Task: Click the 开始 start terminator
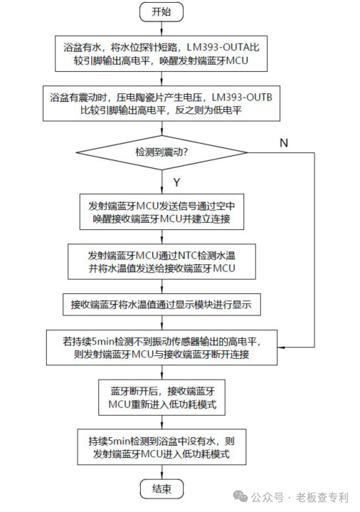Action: tap(162, 12)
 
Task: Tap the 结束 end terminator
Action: tap(162, 489)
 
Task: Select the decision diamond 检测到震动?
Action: tap(162, 152)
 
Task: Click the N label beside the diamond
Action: tap(284, 142)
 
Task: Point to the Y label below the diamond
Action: tap(176, 182)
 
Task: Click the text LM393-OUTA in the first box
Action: tap(218, 47)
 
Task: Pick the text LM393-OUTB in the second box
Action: tap(242, 97)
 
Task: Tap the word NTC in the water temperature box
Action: tap(187, 255)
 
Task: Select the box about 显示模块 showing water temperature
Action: tap(162, 305)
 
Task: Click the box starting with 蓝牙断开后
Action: tap(162, 397)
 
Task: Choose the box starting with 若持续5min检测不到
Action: tap(162, 348)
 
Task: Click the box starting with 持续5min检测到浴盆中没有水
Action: tap(162, 447)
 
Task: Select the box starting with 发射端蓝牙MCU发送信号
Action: tap(162, 212)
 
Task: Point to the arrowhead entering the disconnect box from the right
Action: tap(280, 347)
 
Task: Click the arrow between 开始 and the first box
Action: tap(162, 29)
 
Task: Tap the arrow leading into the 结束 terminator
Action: tap(162, 472)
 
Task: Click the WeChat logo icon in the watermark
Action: tap(240, 497)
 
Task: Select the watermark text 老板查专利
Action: tap(322, 498)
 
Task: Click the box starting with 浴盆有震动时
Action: tap(162, 103)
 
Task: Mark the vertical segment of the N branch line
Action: tap(314, 250)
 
